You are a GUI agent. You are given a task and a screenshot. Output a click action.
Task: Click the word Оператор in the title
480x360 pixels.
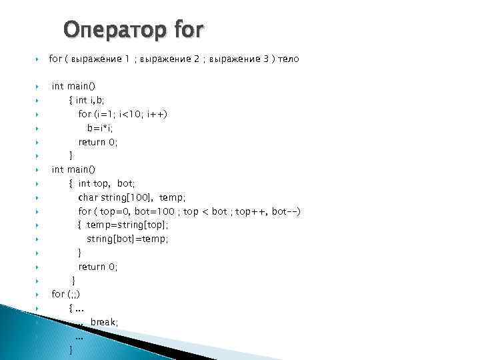click(x=113, y=29)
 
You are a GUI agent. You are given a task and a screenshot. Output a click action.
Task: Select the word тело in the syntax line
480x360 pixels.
click(x=288, y=59)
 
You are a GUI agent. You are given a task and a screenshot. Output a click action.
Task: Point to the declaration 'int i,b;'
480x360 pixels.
click(x=90, y=100)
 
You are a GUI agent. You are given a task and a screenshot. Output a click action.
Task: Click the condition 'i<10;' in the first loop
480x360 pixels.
click(x=131, y=114)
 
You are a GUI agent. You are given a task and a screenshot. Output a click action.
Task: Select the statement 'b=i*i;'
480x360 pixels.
click(x=99, y=128)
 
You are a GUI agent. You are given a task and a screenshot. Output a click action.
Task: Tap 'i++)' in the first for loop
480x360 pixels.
click(x=157, y=114)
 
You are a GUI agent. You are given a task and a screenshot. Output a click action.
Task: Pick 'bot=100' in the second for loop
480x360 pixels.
click(x=151, y=211)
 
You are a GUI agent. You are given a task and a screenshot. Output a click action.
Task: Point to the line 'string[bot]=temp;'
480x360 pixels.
click(x=127, y=239)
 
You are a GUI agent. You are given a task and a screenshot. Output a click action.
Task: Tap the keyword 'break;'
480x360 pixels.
click(x=105, y=322)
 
